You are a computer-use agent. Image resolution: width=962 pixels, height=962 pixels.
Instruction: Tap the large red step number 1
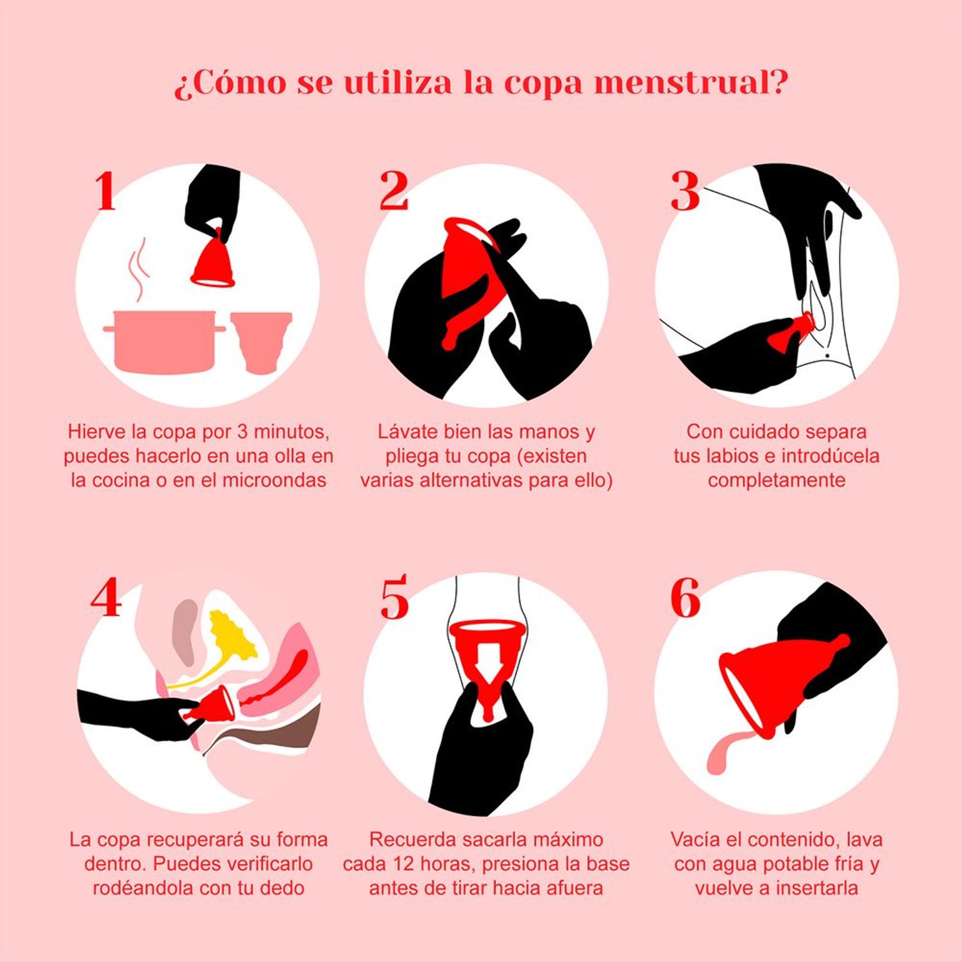pos(106,190)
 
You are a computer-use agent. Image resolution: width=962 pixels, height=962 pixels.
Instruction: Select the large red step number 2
pos(394,190)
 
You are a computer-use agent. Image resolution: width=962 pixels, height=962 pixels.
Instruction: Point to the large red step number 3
pos(684,190)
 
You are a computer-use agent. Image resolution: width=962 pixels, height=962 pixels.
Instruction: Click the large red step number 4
pos(106,598)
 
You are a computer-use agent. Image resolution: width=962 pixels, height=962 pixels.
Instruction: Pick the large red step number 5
pos(394,598)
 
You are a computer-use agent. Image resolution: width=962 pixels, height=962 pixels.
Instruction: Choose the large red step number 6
pos(685,598)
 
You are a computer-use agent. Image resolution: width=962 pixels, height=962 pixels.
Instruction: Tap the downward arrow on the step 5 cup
pos(488,667)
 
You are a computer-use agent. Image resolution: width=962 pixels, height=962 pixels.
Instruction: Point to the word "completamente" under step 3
pos(777,480)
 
